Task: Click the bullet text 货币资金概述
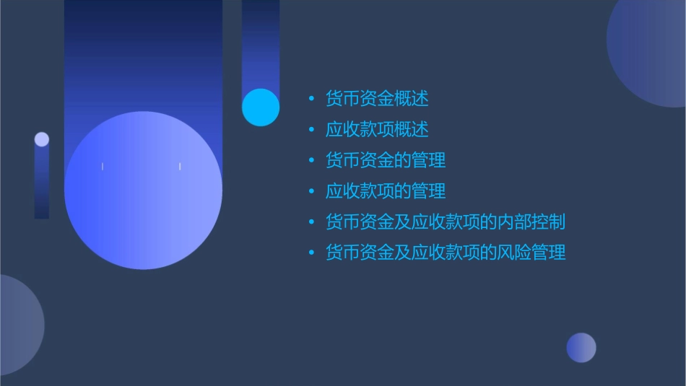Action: point(377,99)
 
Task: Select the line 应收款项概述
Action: point(377,130)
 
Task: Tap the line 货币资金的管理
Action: point(386,160)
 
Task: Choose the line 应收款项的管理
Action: point(386,191)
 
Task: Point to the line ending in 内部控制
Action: point(445,222)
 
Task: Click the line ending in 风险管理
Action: point(445,253)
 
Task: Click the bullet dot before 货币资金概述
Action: point(311,99)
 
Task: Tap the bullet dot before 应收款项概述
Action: point(311,130)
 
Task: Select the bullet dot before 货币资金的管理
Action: point(311,160)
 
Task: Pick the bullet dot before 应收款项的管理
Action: point(311,191)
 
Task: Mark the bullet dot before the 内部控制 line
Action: point(311,222)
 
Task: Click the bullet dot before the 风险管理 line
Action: point(311,253)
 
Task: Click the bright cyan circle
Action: point(261,108)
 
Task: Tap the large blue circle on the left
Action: point(143,190)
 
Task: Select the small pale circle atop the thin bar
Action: point(42,139)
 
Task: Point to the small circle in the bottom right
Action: point(581,348)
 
